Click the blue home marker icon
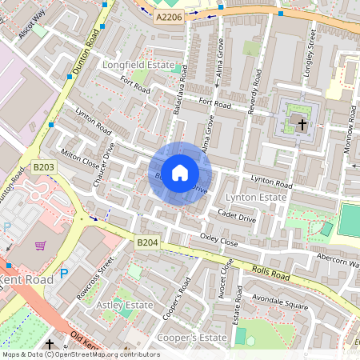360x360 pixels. coord(180,173)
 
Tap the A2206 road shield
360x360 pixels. coord(168,16)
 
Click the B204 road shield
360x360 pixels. coord(147,242)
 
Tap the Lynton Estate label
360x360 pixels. coord(255,197)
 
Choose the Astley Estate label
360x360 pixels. coord(124,306)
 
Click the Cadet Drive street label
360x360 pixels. coord(237,217)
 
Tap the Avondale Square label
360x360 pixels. coord(280,303)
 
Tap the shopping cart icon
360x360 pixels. coord(40,245)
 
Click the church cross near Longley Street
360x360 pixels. coord(302,124)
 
